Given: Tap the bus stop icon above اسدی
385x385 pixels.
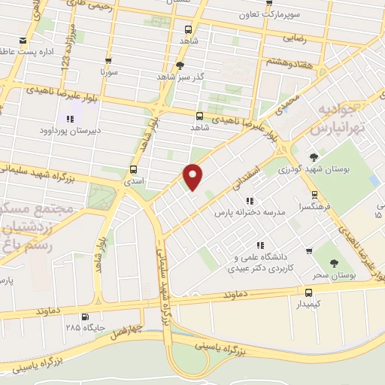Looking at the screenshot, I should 134,169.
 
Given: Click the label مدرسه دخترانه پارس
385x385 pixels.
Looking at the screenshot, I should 250,214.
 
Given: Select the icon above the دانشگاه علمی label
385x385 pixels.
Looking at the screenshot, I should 259,245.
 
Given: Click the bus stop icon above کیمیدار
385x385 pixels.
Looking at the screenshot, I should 308,292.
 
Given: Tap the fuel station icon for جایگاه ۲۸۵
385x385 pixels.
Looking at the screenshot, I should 83,317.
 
